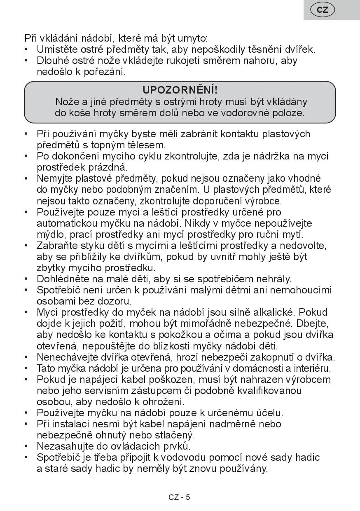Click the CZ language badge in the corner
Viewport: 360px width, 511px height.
[x=323, y=10]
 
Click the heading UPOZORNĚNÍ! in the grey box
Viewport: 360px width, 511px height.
[x=180, y=90]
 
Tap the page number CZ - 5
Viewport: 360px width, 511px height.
[x=179, y=497]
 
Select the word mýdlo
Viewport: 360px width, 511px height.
[x=50, y=234]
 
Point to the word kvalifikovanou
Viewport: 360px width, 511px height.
[x=269, y=391]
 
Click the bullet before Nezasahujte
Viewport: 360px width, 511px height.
[x=26, y=446]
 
